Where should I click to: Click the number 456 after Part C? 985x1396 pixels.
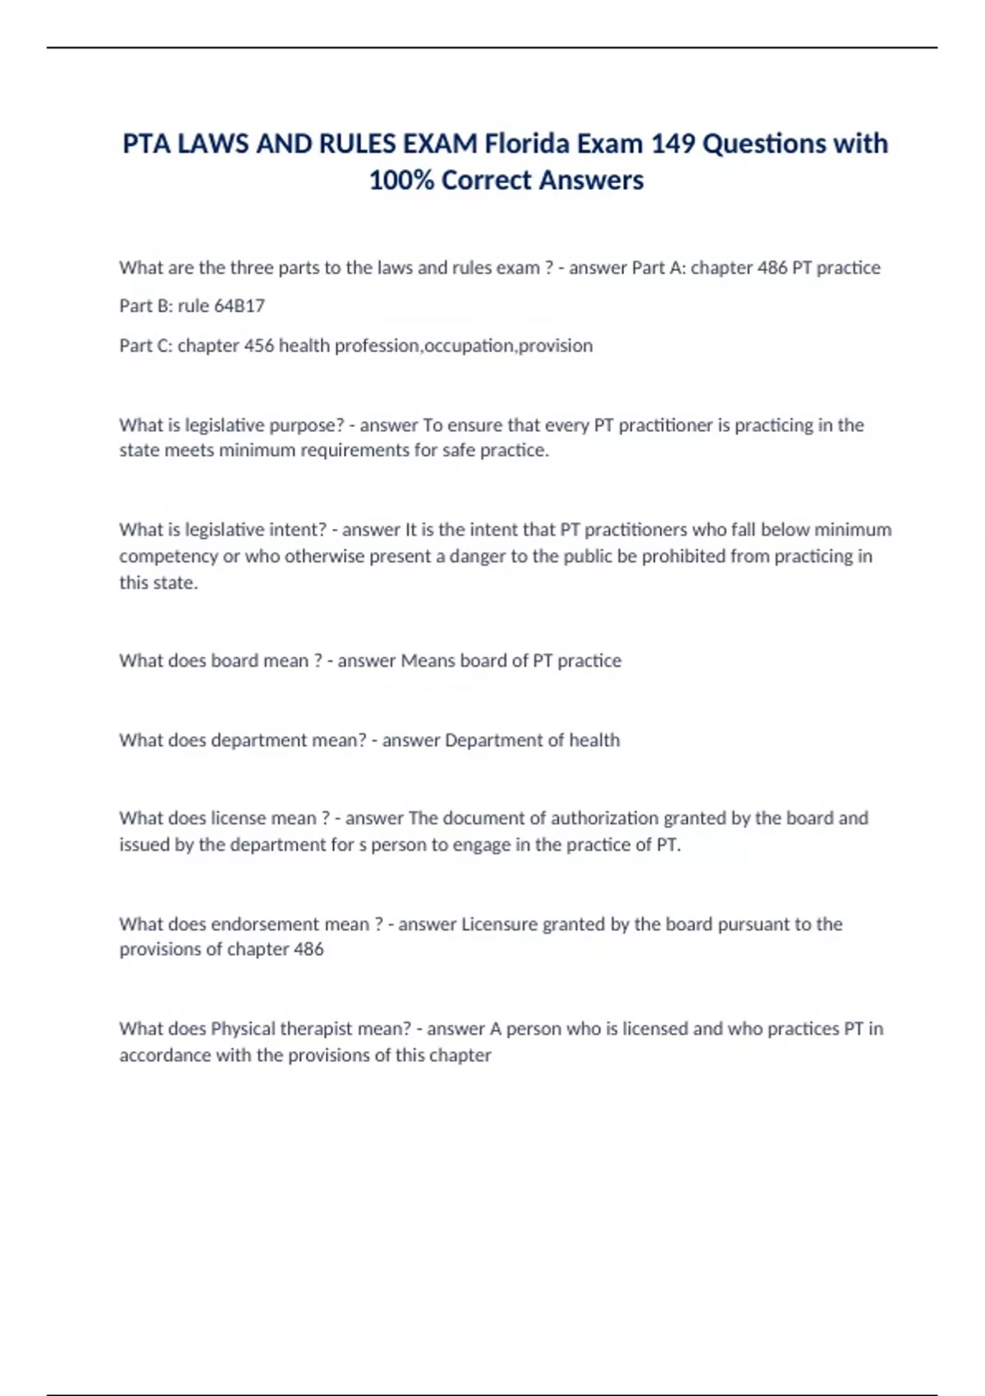point(259,346)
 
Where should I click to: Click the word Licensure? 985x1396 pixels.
point(501,924)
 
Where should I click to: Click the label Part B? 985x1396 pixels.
point(145,306)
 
